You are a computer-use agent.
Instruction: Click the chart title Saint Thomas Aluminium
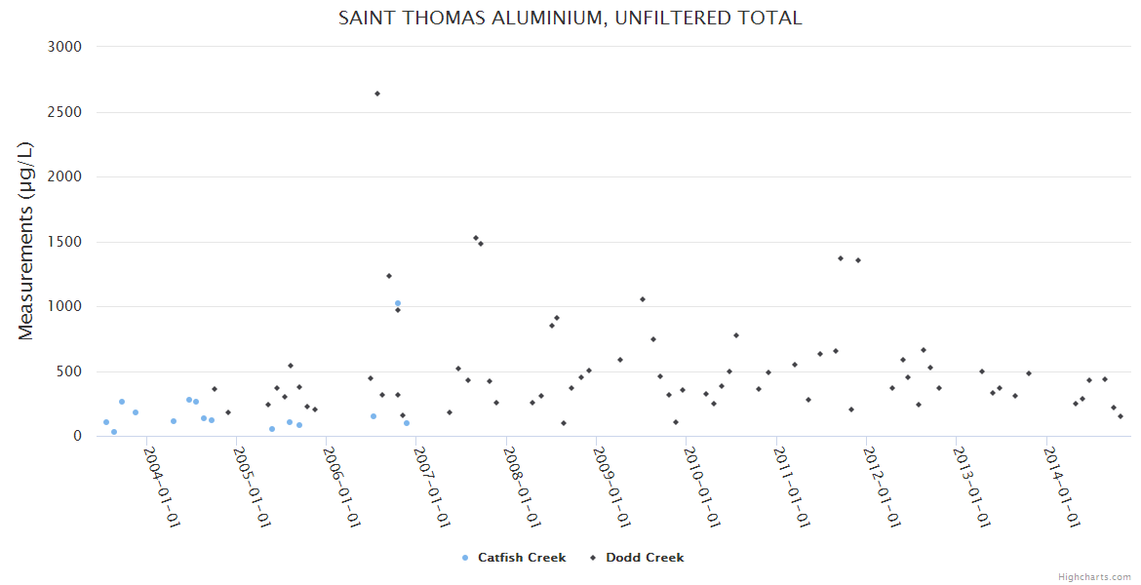pyautogui.click(x=570, y=18)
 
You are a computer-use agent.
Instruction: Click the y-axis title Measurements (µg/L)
pyautogui.click(x=26, y=242)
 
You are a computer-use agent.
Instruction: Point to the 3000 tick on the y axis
pyautogui.click(x=65, y=47)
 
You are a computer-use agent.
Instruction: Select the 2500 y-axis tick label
pyautogui.click(x=65, y=112)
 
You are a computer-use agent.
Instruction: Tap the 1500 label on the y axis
pyautogui.click(x=65, y=242)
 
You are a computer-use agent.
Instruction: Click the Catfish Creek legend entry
pyautogui.click(x=515, y=558)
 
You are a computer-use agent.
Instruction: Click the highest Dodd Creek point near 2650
pyautogui.click(x=377, y=94)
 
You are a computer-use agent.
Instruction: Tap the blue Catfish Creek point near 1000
pyautogui.click(x=398, y=303)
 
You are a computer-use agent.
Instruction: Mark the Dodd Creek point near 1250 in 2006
pyautogui.click(x=389, y=276)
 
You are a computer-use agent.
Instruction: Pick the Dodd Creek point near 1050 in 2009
pyautogui.click(x=643, y=299)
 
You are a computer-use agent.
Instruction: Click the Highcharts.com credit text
pyautogui.click(x=1094, y=576)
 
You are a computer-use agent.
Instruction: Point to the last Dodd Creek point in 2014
pyautogui.click(x=1121, y=416)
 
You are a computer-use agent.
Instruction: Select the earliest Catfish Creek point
pyautogui.click(x=106, y=422)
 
